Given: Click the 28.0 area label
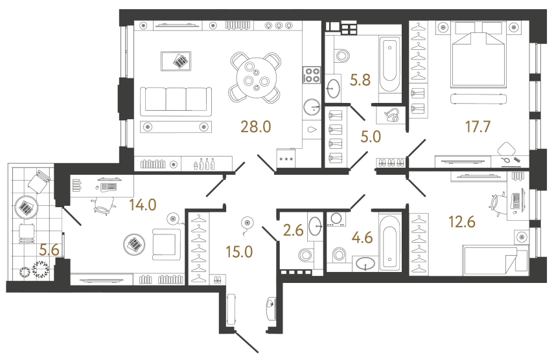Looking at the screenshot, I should tap(256, 126).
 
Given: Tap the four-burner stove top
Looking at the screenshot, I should tap(312, 75).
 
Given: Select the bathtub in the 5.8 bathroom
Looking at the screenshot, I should tap(389, 65).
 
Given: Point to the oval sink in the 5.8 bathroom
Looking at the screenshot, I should tap(334, 85).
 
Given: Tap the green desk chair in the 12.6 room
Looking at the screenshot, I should tap(498, 202).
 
